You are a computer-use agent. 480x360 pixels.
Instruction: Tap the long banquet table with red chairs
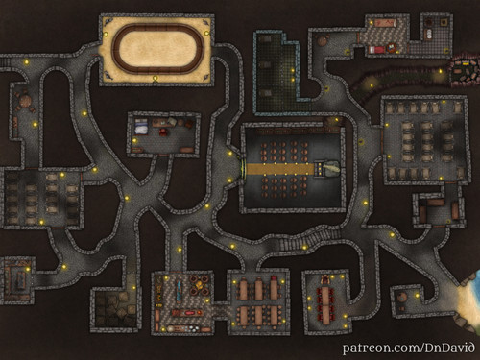coord(326,298)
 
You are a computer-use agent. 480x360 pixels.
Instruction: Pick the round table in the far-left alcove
coord(21,97)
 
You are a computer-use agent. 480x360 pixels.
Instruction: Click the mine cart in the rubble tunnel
coord(465,67)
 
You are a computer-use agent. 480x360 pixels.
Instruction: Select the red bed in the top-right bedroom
coord(378,45)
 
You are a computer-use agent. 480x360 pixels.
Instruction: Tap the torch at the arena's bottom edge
coord(155,79)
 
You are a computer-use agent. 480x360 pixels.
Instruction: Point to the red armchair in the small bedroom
coord(165,133)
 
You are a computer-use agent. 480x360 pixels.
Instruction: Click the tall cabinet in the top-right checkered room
coord(425,29)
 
